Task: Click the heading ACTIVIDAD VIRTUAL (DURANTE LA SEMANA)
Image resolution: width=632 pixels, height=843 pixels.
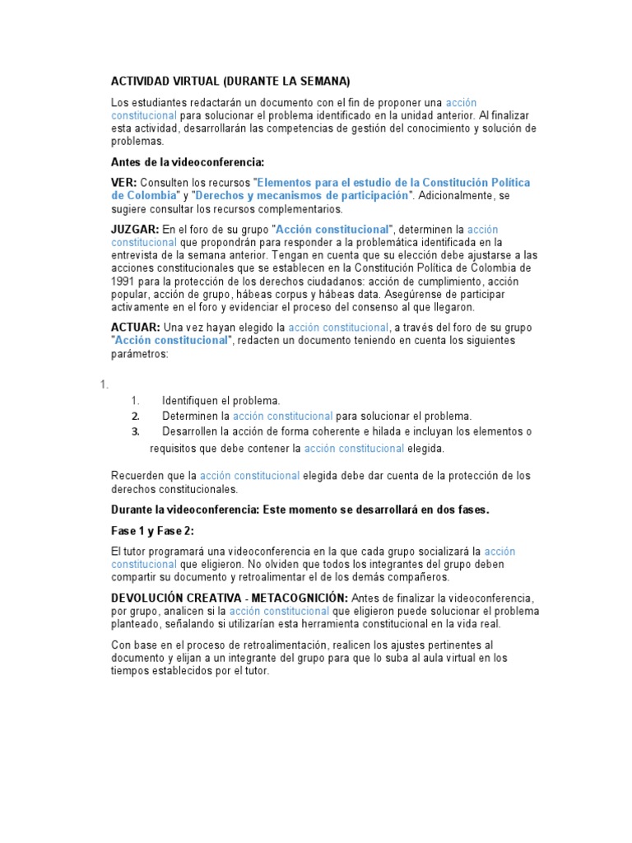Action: pos(230,81)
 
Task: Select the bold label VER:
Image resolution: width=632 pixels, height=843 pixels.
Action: pos(124,182)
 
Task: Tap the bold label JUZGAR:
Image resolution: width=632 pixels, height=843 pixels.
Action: pos(135,229)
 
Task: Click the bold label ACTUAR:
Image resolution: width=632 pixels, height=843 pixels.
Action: pos(136,328)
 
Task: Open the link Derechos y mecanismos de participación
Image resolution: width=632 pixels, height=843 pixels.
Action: pos(302,195)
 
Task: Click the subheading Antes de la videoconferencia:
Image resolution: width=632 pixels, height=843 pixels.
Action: pos(188,162)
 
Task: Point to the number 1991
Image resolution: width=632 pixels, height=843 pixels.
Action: pos(124,282)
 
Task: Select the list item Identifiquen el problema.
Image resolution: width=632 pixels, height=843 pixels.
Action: pos(221,401)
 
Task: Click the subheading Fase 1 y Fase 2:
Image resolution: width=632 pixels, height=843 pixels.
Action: pos(152,531)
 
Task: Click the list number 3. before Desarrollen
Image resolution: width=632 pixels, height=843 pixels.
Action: pos(136,431)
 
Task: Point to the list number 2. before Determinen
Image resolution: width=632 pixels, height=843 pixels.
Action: pos(136,417)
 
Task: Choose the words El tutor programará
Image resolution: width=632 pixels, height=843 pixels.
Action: pos(155,552)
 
